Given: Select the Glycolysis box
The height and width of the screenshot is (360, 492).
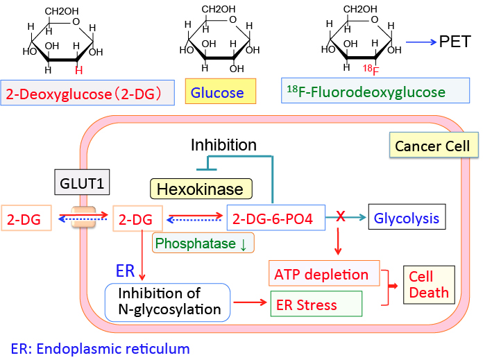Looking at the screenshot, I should click(x=406, y=218).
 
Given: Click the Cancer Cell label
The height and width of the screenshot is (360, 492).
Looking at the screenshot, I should click(x=432, y=146).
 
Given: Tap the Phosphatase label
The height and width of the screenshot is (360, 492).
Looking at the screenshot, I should click(x=203, y=243).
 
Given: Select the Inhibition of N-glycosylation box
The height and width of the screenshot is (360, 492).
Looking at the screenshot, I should click(x=167, y=302).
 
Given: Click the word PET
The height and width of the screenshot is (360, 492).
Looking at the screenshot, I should click(x=455, y=42).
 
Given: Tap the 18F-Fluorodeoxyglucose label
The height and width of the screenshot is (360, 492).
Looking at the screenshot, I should click(x=375, y=92).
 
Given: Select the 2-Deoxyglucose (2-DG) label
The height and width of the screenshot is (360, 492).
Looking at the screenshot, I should click(x=89, y=94).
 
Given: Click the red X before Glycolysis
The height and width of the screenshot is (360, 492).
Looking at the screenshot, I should click(x=340, y=217).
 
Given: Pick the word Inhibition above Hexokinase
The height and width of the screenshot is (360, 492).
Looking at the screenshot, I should click(x=223, y=145).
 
